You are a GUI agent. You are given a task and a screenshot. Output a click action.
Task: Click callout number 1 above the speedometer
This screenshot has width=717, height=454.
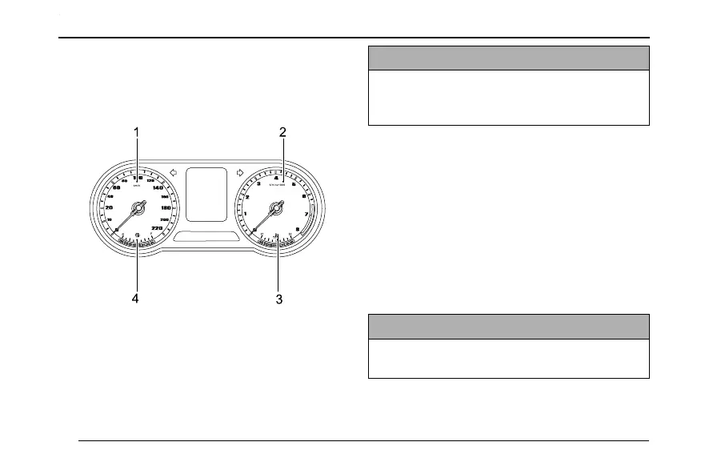pyautogui.click(x=137, y=131)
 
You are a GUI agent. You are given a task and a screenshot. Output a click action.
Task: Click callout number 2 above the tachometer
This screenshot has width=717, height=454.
pyautogui.click(x=282, y=131)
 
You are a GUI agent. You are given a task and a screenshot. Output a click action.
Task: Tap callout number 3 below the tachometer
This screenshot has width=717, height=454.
pyautogui.click(x=279, y=299)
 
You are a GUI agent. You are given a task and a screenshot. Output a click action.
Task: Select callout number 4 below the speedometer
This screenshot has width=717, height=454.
pyautogui.click(x=135, y=299)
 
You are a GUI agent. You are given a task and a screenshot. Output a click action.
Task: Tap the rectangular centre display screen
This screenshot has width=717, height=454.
pyautogui.click(x=206, y=194)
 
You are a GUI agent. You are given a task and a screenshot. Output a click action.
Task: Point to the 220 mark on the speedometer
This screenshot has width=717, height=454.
pyautogui.click(x=157, y=229)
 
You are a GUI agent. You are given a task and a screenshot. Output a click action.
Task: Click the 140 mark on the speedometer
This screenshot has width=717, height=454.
pyautogui.click(x=158, y=187)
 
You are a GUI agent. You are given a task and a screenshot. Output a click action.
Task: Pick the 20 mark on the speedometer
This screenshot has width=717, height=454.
pyautogui.click(x=109, y=208)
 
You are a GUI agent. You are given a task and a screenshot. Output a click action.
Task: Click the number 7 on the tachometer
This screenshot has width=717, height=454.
pyautogui.click(x=306, y=214)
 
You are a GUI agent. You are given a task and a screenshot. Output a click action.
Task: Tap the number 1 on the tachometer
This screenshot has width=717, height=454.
pyautogui.click(x=245, y=214)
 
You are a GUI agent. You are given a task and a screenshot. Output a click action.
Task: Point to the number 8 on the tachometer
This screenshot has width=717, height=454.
pyautogui.click(x=298, y=230)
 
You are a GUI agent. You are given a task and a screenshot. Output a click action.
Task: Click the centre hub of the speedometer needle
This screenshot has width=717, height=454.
pyautogui.click(x=137, y=208)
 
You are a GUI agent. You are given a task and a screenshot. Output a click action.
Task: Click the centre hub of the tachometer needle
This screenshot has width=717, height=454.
pyautogui.click(x=277, y=208)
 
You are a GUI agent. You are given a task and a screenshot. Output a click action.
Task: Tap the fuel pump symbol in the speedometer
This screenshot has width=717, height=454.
pyautogui.click(x=137, y=235)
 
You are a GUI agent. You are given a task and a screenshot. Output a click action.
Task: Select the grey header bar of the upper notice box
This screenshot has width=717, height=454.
pyautogui.click(x=508, y=58)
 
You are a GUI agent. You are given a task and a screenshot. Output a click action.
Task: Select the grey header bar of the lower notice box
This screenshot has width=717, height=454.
pyautogui.click(x=508, y=327)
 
